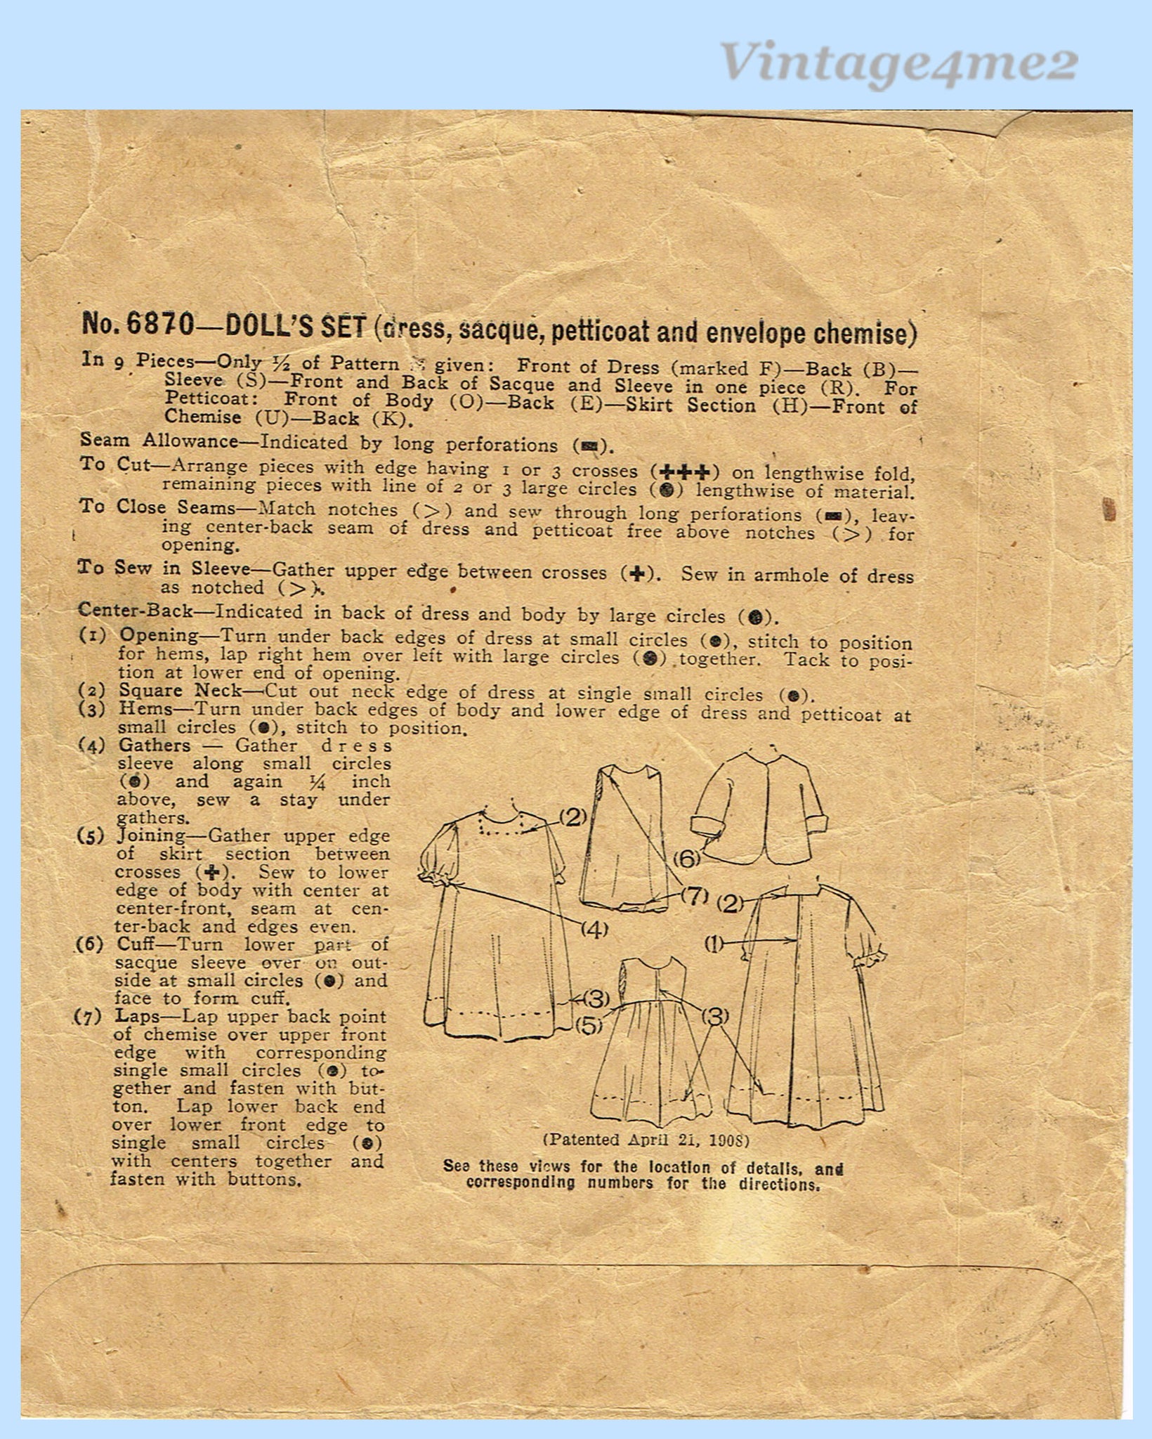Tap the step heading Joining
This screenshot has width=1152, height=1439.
[152, 836]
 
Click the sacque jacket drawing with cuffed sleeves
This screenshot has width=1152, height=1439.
[759, 812]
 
